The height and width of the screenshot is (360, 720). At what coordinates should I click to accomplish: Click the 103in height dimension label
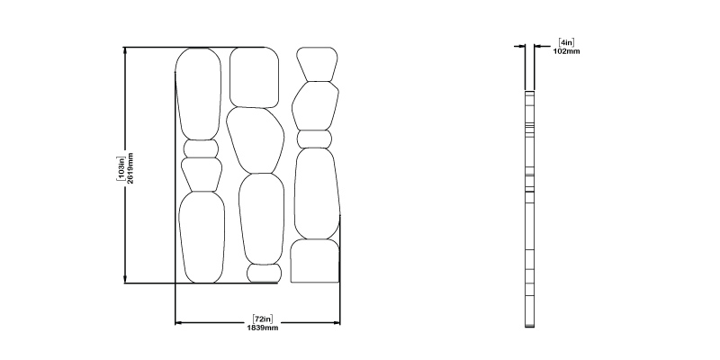tap(121, 168)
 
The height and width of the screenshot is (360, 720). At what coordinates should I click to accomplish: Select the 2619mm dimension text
tap(130, 168)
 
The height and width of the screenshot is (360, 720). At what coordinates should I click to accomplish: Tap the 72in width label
tap(263, 319)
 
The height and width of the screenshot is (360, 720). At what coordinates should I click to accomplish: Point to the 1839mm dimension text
tap(263, 328)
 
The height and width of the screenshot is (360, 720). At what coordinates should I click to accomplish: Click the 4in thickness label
tap(566, 42)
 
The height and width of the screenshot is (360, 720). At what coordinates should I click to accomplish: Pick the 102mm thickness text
tap(566, 51)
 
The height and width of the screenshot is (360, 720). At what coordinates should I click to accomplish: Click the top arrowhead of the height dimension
tap(125, 50)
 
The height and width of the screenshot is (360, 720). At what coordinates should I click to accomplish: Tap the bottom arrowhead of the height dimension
tap(125, 280)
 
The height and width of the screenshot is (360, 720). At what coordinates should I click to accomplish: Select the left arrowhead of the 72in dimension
tap(179, 323)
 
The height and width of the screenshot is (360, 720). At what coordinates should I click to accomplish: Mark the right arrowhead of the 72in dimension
tap(336, 323)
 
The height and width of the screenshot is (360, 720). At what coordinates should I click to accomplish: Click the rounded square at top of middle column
tap(254, 77)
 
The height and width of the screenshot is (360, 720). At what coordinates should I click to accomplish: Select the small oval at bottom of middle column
tap(264, 274)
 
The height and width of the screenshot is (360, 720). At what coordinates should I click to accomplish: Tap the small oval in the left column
tap(201, 148)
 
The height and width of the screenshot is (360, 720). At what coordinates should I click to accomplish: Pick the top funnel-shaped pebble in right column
tap(317, 64)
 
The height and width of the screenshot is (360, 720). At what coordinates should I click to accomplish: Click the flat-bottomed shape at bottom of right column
tap(315, 261)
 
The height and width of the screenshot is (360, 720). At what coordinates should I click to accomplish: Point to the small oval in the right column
tap(314, 139)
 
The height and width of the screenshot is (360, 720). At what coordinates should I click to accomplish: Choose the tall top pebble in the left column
tap(198, 94)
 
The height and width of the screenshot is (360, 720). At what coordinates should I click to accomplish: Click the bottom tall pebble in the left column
tap(202, 238)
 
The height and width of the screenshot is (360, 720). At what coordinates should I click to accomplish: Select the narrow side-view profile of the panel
tap(530, 209)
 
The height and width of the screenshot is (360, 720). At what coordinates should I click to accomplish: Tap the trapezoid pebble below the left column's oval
tap(201, 175)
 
